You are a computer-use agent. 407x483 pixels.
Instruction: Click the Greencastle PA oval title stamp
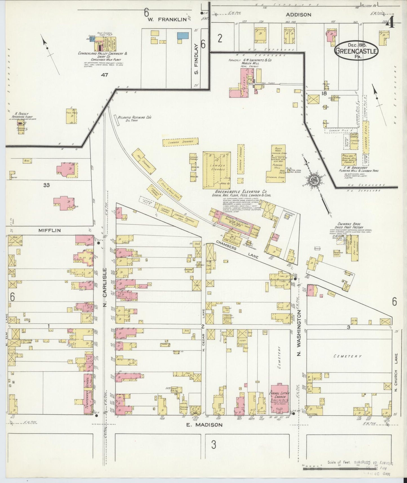[x=356, y=50]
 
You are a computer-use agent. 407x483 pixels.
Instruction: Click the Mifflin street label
[x=50, y=230]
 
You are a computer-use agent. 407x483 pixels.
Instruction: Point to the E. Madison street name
[x=205, y=424]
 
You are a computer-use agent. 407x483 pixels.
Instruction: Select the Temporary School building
[x=88, y=394]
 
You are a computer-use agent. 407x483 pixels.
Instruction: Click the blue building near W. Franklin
[x=183, y=36]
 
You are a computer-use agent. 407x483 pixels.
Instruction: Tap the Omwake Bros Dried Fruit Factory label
[x=349, y=225]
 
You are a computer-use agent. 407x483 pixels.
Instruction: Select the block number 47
[x=105, y=75]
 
